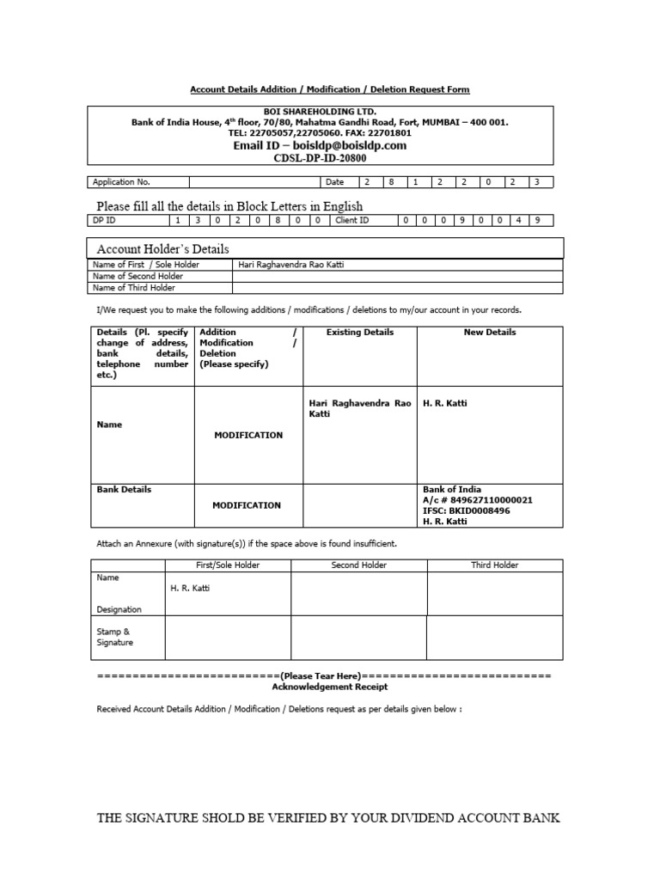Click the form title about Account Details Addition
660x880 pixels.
(x=329, y=89)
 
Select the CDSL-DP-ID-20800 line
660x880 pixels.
(x=320, y=158)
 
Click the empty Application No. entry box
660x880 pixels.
(x=254, y=182)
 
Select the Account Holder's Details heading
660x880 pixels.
(x=162, y=248)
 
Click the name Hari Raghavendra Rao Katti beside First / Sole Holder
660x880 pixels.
(x=290, y=265)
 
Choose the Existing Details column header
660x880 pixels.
(x=360, y=332)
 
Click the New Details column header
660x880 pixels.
(x=490, y=332)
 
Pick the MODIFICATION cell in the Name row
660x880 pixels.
(x=248, y=435)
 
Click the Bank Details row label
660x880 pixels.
(x=124, y=489)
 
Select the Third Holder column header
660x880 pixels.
(x=494, y=565)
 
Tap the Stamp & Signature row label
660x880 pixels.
(x=115, y=637)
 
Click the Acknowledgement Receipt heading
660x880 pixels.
(x=329, y=687)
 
